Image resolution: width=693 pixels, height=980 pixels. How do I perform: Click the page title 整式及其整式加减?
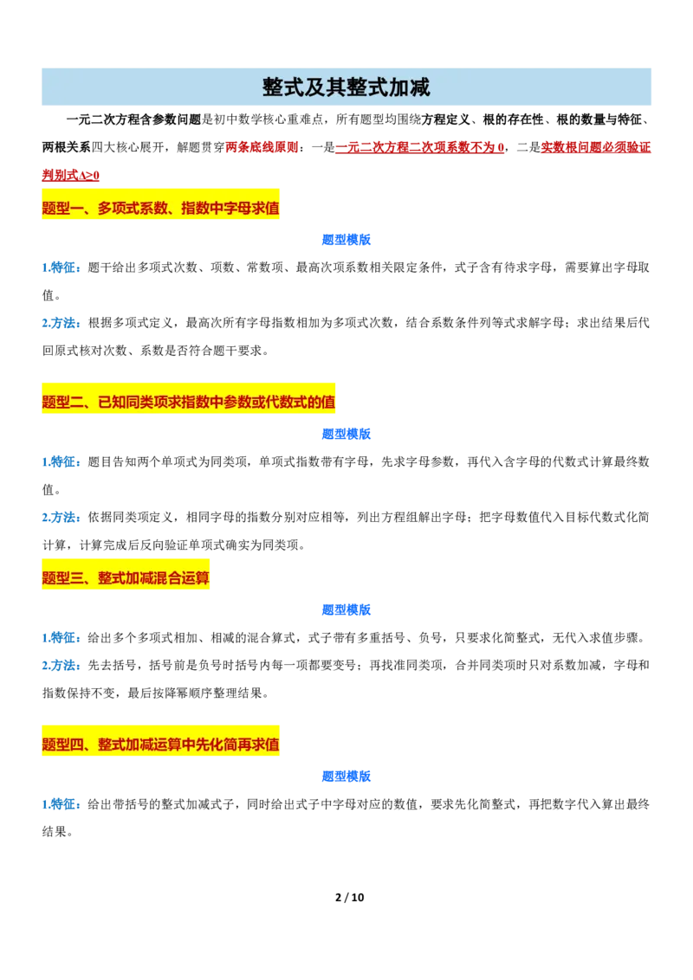[x=346, y=87]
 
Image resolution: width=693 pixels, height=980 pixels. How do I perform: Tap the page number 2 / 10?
[x=350, y=898]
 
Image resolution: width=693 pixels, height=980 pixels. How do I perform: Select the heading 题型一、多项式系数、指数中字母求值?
[x=161, y=208]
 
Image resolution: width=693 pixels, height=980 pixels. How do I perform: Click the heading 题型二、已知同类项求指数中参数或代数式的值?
[x=188, y=402]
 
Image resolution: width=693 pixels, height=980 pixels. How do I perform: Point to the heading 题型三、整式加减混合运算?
[x=126, y=578]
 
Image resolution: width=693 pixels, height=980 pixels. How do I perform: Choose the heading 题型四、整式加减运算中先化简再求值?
[x=161, y=745]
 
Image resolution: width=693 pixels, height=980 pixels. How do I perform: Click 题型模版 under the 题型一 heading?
[x=346, y=240]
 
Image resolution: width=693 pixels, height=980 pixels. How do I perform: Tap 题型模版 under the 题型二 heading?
[x=346, y=434]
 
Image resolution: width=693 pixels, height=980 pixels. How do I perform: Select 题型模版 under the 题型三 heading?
[x=346, y=610]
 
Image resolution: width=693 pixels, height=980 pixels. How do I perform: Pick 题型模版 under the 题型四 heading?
[x=346, y=777]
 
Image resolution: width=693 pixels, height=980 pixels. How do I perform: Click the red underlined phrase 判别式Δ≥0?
[x=71, y=176]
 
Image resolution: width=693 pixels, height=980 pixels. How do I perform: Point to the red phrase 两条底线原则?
[x=262, y=147]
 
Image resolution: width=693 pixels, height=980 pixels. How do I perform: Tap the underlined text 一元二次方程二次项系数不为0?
[x=419, y=147]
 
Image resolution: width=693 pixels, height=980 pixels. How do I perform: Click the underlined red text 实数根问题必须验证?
[x=595, y=147]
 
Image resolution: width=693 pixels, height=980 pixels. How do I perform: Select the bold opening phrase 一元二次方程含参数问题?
[x=134, y=119]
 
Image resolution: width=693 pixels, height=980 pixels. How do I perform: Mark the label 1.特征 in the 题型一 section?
[x=62, y=268]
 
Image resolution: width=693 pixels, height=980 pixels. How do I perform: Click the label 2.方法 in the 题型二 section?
[x=62, y=518]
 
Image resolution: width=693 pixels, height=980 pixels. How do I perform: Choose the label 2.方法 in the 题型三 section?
[x=62, y=666]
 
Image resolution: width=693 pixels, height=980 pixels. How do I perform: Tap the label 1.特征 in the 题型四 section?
[x=62, y=804]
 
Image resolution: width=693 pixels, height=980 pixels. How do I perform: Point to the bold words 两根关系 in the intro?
[x=67, y=147]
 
